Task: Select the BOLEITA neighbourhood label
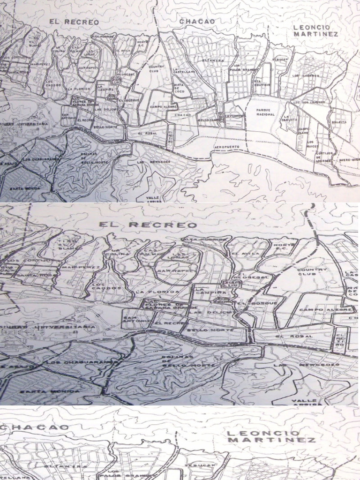(x=339, y=122)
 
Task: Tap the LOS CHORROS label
(x=306, y=75)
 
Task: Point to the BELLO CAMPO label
(x=209, y=120)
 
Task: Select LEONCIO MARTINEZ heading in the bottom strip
(x=271, y=436)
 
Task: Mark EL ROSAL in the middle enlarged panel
(x=287, y=337)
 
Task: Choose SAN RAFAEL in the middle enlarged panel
(x=172, y=270)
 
